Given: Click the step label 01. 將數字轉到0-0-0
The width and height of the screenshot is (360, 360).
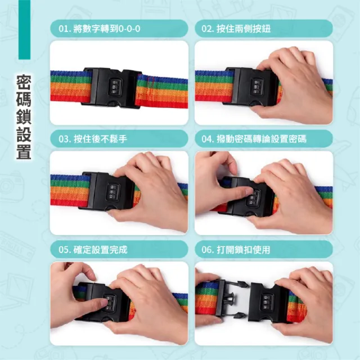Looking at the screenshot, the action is [100, 29].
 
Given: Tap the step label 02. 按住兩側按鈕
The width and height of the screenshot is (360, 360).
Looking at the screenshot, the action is [236, 29].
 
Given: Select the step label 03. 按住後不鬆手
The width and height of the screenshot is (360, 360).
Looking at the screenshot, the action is [93, 139].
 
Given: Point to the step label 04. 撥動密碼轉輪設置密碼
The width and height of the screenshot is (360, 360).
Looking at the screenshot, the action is [254, 139].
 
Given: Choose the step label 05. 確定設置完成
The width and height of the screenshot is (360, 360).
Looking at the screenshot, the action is [93, 250].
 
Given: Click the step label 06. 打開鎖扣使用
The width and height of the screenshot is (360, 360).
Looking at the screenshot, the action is [236, 250].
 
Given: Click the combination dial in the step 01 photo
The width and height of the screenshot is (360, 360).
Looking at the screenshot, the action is [114, 87].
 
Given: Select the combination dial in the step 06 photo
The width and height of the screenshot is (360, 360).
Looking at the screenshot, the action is [267, 301].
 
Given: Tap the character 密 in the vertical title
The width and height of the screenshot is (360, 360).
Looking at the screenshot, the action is [24, 82].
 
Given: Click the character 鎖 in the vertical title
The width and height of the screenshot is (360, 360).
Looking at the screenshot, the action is [24, 117].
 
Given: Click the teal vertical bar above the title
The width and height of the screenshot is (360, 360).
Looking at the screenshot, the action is [24, 30].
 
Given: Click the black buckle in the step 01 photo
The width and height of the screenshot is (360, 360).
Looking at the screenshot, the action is [112, 88].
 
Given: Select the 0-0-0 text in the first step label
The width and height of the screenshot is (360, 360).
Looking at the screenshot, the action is [129, 29].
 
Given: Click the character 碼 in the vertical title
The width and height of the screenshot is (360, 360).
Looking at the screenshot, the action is [24, 100].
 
